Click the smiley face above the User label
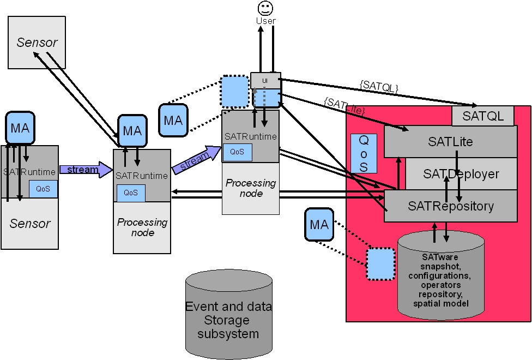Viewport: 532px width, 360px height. tap(265, 8)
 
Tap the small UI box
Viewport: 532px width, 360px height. tap(265, 80)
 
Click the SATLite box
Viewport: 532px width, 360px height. tap(450, 142)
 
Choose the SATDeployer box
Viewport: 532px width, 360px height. tap(461, 174)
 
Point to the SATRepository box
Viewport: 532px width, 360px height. tap(451, 206)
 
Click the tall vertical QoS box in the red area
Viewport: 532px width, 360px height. tap(364, 153)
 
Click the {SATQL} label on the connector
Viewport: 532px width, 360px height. tap(379, 86)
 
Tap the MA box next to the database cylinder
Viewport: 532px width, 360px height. tap(319, 224)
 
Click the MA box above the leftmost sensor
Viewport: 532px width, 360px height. tap(20, 128)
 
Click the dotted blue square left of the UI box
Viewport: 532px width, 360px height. tap(235, 91)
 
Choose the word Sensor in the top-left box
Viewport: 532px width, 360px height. tap(37, 43)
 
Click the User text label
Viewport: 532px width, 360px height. tap(266, 21)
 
